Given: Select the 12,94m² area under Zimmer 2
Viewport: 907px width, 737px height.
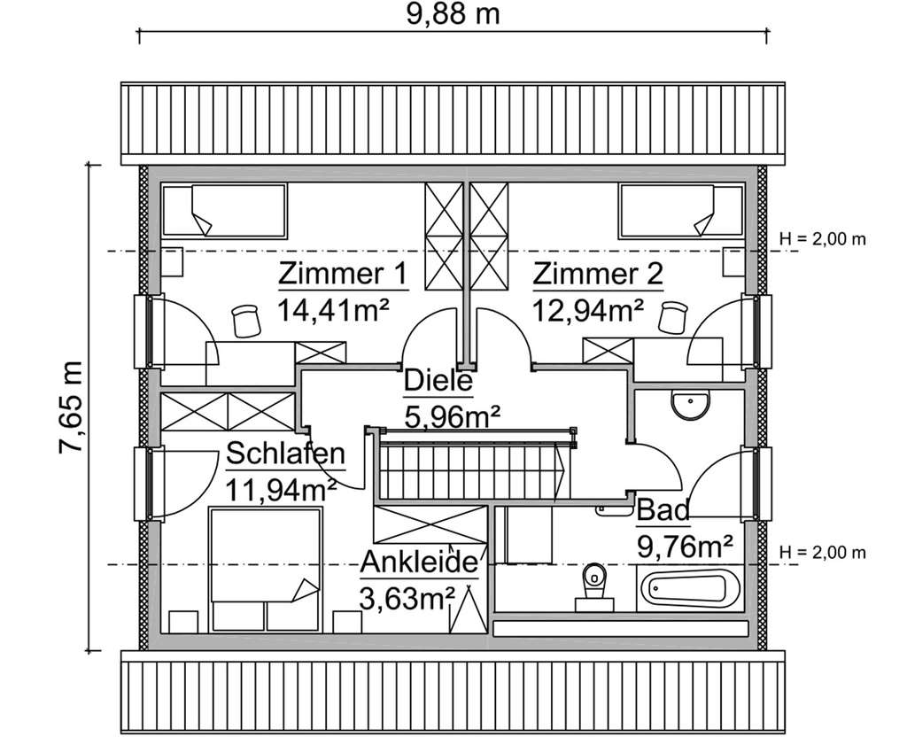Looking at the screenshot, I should coord(588,310).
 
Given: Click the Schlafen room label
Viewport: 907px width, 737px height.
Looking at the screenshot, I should coord(285,454).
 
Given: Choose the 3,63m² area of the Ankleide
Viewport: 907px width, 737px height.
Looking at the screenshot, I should coord(407,598).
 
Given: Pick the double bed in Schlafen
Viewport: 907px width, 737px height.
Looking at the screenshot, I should coord(264,567).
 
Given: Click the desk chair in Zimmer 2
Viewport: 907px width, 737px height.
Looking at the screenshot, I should coord(675,318).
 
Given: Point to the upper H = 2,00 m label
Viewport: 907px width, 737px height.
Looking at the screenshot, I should coord(821,239).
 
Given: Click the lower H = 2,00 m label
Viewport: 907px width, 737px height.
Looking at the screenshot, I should coord(821,554).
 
